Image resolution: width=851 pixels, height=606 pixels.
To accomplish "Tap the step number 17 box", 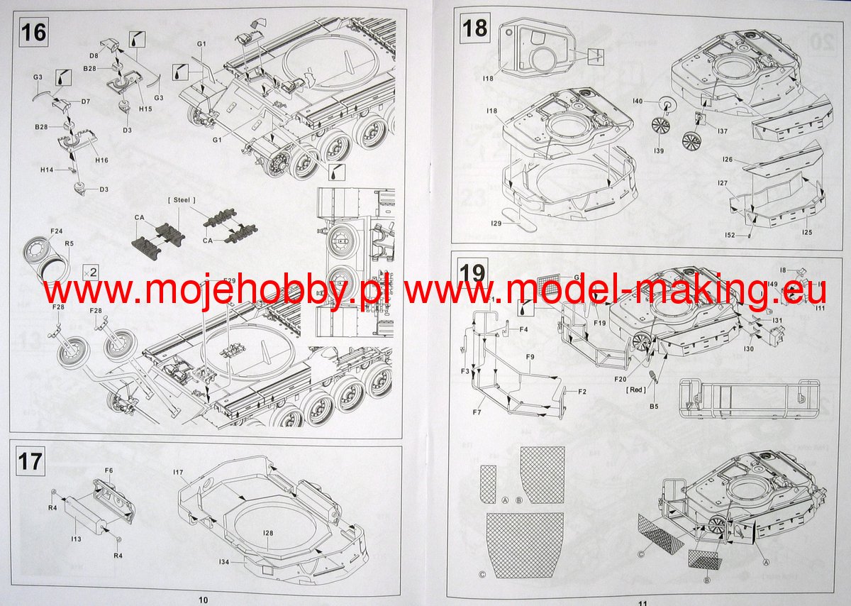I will [x=30, y=462].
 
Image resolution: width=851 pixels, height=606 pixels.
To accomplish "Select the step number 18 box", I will [x=474, y=28].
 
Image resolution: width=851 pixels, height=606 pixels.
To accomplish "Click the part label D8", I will [x=94, y=55].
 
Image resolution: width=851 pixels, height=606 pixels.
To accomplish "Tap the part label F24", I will [x=57, y=231].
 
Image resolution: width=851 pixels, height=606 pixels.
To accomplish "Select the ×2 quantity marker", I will [x=90, y=271].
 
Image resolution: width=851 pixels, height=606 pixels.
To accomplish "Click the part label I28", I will [x=267, y=532].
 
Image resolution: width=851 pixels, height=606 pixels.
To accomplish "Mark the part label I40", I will [x=638, y=102].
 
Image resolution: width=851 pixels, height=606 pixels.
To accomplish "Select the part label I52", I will [x=730, y=233].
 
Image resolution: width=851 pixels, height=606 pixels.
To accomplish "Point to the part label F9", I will [x=528, y=356].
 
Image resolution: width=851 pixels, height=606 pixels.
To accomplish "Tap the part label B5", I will [x=654, y=406].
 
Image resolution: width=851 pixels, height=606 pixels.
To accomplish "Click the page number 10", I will [x=204, y=599].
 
